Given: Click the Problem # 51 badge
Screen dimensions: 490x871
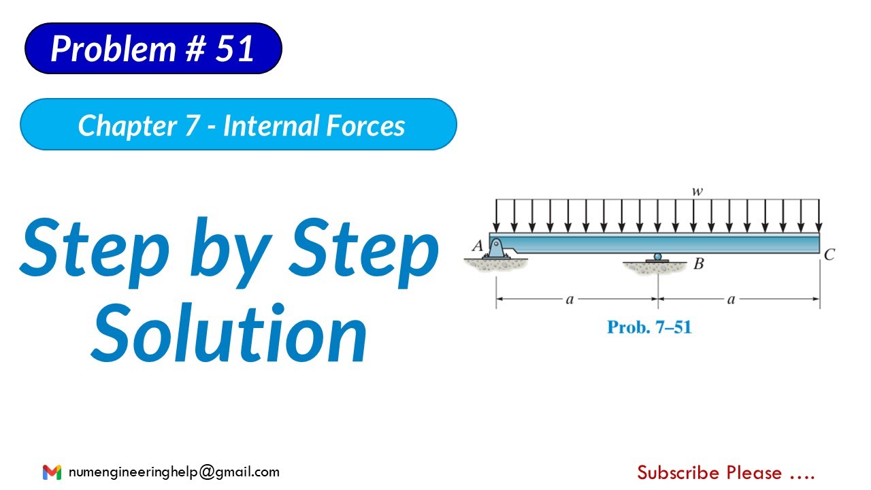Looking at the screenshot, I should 153,48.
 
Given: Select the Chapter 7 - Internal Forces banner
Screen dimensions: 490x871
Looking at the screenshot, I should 238,125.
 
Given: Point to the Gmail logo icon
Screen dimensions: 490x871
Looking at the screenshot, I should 52,472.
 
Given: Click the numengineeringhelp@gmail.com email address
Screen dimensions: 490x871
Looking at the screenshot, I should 174,472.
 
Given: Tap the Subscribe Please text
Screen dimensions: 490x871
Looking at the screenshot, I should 725,472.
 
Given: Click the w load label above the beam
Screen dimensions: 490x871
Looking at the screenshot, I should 697,192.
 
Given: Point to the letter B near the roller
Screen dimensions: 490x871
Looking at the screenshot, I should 698,263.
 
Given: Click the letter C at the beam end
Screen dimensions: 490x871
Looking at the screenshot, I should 829,255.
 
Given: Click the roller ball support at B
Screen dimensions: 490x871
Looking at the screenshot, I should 657,257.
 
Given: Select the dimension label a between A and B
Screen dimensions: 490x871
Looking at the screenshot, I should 570,298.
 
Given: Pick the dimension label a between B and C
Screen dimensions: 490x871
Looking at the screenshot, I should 732,298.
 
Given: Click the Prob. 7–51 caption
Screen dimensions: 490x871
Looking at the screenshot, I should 648,327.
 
